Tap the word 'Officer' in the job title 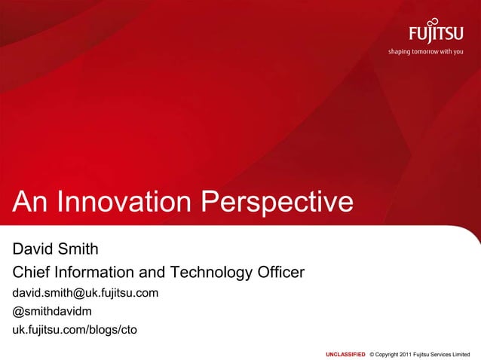point(278,271)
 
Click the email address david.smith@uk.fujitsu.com point(85,292)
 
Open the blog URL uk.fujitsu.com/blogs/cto point(74,329)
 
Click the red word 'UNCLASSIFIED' point(345,353)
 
